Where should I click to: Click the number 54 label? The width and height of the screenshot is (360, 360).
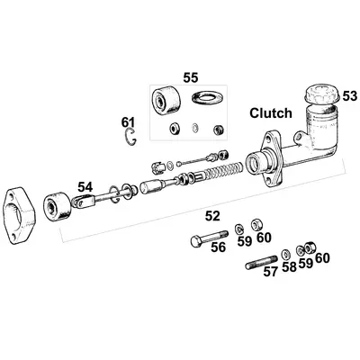[x=84, y=186]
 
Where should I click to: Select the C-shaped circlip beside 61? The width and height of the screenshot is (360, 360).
[x=132, y=137]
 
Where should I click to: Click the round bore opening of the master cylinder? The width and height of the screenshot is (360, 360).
[x=261, y=163]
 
